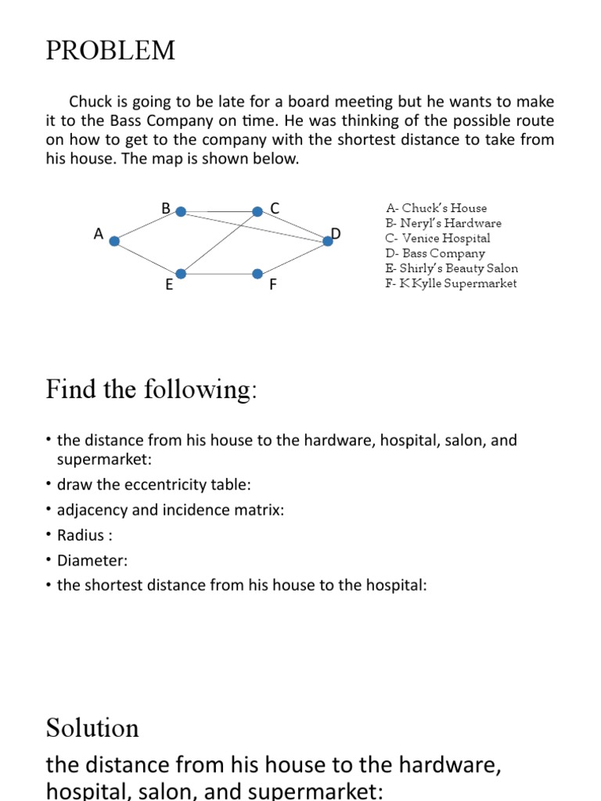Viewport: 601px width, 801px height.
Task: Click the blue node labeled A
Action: tap(114, 241)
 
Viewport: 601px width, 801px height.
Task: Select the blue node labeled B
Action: tap(181, 211)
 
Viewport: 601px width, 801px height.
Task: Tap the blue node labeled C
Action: tap(257, 211)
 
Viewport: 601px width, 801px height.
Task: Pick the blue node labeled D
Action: tap(328, 241)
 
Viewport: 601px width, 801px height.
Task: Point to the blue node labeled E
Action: tap(181, 274)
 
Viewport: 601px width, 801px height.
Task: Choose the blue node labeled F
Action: tap(257, 274)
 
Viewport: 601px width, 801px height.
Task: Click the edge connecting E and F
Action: tap(219, 274)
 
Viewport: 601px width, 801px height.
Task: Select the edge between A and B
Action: tap(147, 226)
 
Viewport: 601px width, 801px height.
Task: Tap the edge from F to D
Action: tap(293, 257)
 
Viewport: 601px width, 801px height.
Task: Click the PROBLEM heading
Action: tap(110, 52)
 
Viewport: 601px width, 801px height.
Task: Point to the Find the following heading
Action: tap(151, 389)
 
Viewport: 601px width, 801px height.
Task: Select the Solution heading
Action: tap(92, 728)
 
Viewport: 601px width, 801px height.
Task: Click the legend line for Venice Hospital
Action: tap(438, 238)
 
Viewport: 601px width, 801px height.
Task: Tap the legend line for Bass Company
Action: tap(435, 253)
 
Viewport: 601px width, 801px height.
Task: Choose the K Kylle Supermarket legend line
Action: tap(451, 283)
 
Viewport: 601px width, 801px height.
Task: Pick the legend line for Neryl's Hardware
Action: tap(444, 223)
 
